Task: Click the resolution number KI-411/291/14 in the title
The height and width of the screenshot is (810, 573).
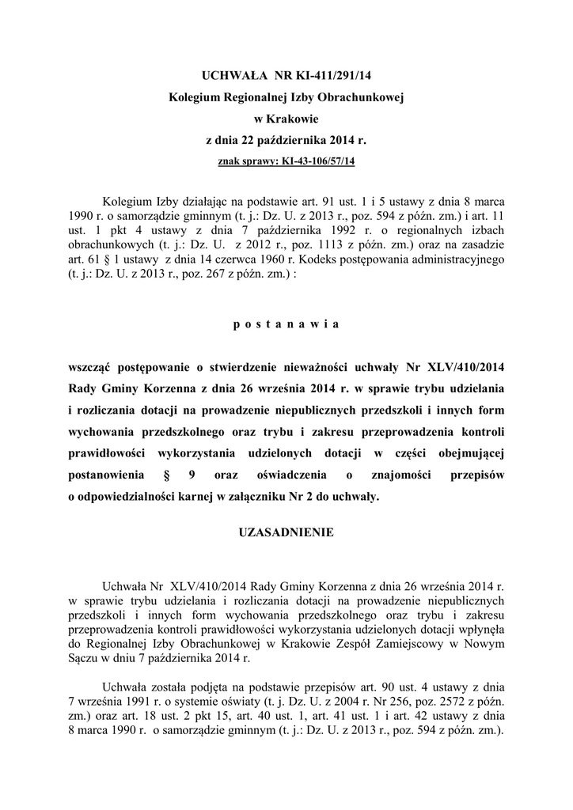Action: click(x=334, y=76)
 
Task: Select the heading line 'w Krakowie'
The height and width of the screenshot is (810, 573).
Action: click(x=286, y=119)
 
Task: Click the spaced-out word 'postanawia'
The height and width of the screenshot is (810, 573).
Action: click(x=286, y=324)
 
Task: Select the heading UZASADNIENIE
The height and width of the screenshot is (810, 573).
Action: click(x=286, y=533)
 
